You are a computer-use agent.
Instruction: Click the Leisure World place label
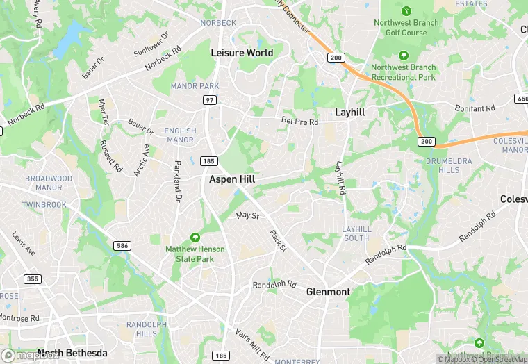tap(242, 53)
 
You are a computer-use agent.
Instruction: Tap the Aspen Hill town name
tap(232, 179)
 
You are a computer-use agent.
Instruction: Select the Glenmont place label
tap(328, 292)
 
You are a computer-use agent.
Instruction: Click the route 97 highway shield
tap(209, 101)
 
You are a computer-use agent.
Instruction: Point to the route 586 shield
tap(122, 245)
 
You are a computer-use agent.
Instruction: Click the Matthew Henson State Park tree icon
tap(195, 238)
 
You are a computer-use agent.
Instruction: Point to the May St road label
tap(247, 216)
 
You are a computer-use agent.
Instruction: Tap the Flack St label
tap(278, 240)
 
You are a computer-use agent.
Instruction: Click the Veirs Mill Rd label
tap(251, 344)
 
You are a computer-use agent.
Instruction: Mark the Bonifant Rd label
tap(475, 109)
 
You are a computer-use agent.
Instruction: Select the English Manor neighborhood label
tap(180, 135)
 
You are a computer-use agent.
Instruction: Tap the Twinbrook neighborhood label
tap(43, 206)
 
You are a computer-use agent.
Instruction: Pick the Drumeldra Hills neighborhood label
tap(443, 166)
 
